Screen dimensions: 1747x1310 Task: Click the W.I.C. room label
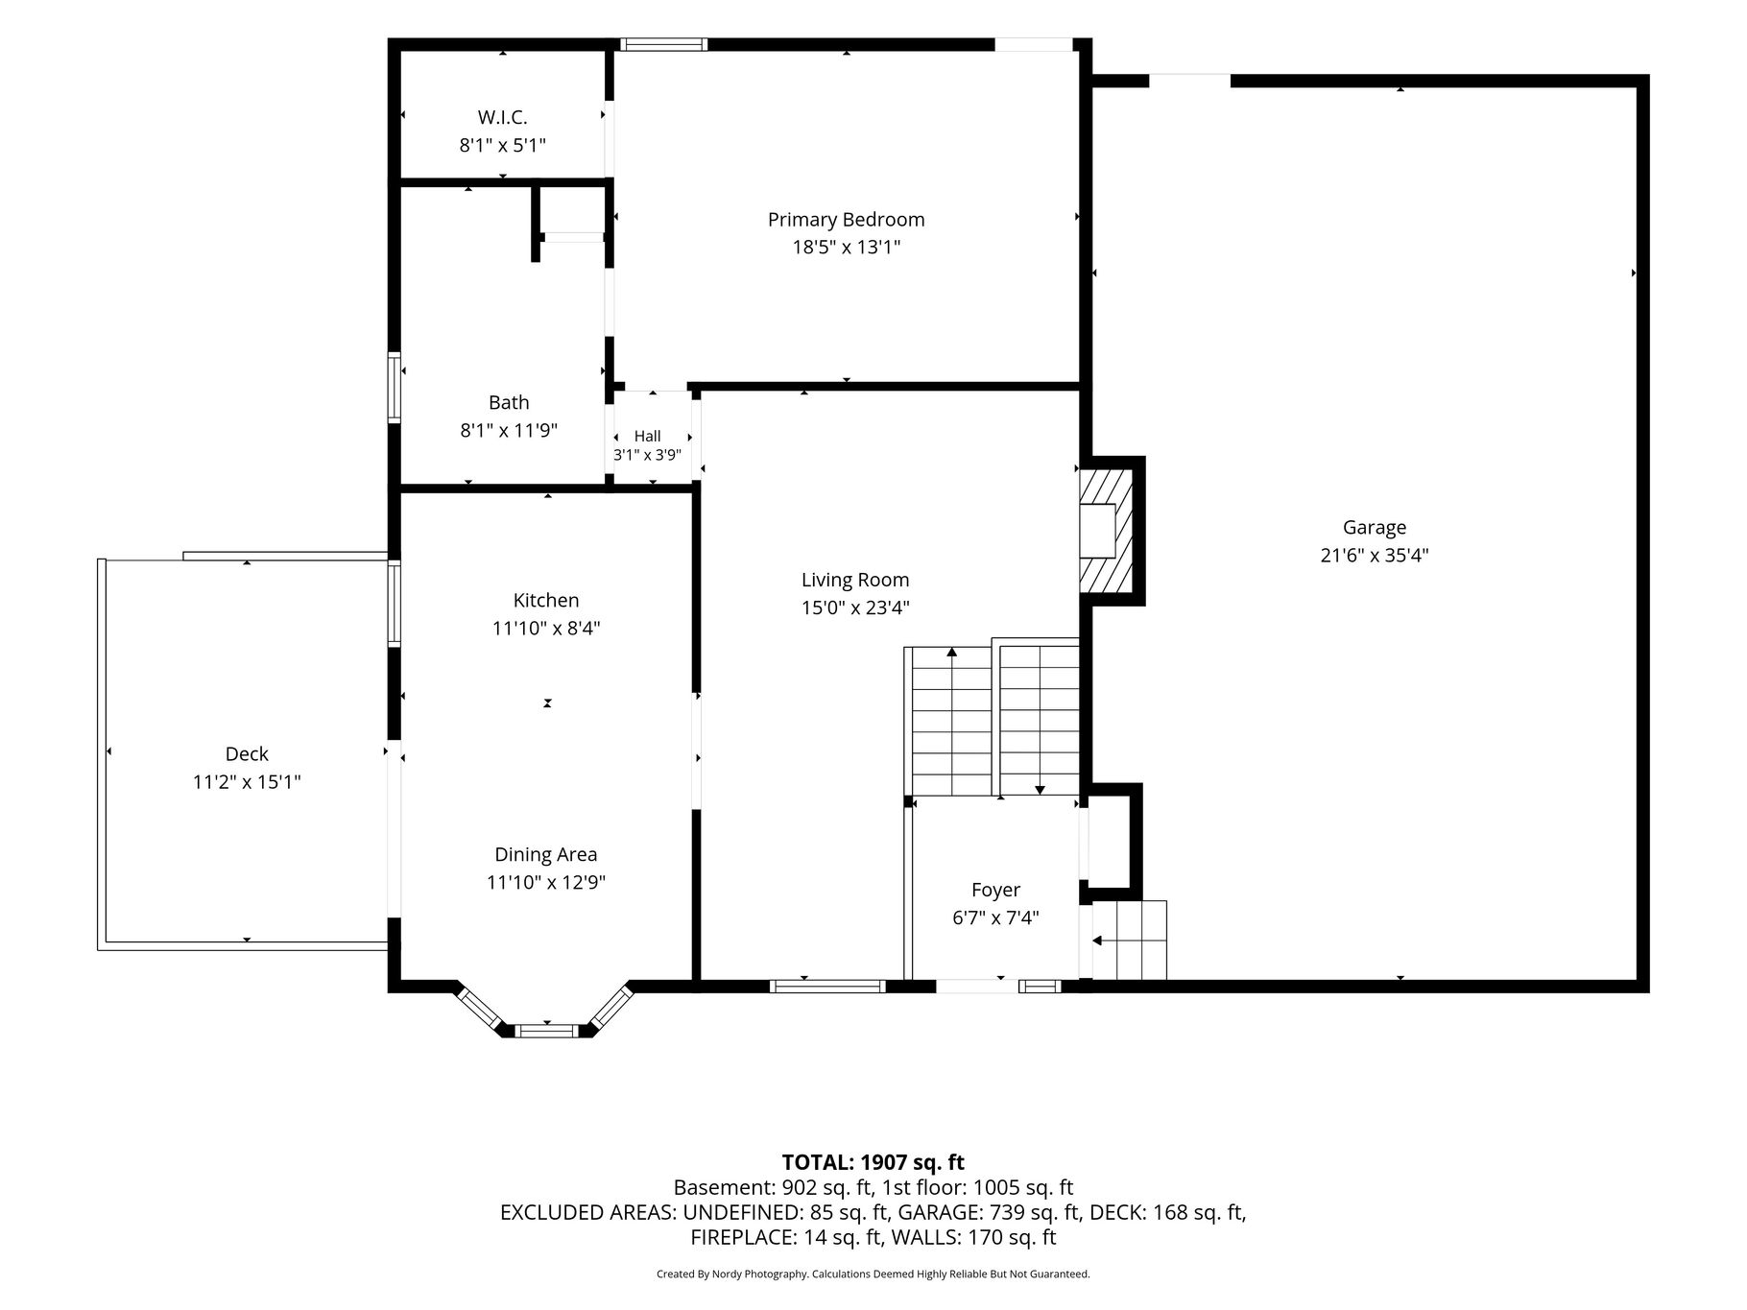coord(502,117)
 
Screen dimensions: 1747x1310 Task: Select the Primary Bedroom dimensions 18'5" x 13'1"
coord(846,247)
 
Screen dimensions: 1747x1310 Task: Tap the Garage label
coord(1375,527)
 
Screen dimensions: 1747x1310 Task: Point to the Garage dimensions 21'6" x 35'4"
coord(1375,555)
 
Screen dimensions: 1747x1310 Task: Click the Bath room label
coord(509,402)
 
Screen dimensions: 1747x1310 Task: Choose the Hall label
coord(647,436)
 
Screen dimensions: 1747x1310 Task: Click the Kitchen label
coord(546,600)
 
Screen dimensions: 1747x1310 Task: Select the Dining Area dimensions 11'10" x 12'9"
coord(546,882)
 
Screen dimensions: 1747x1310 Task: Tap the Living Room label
coord(855,580)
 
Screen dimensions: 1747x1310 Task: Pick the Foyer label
coord(995,890)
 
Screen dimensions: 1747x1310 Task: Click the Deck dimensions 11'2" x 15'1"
coord(247,782)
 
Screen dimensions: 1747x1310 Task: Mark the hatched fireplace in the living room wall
coord(1107,531)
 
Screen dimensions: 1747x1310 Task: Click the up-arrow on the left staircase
coord(952,654)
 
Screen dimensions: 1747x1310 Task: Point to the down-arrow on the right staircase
coord(1040,789)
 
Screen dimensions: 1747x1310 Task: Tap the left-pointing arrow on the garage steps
coord(1099,941)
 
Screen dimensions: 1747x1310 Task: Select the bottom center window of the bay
coord(547,1031)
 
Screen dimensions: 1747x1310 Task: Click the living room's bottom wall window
coord(826,985)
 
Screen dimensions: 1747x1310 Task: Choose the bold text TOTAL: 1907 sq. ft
coord(873,1162)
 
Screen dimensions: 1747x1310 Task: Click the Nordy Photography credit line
coord(873,1274)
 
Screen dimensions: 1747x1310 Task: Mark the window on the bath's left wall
coord(394,388)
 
